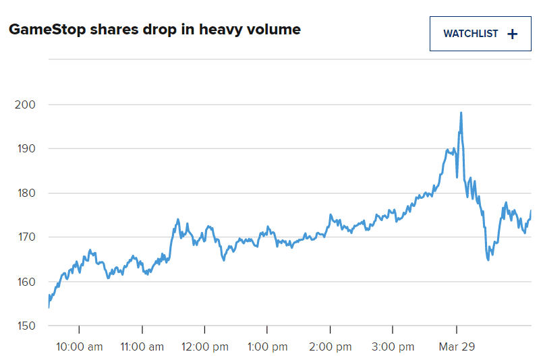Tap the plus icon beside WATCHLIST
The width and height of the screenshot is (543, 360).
[x=512, y=34]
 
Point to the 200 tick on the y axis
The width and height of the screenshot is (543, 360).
[x=24, y=104]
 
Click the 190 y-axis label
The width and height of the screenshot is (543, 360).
[x=24, y=149]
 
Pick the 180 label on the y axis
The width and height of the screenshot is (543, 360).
[x=24, y=193]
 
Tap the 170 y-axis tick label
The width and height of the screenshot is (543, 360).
[x=24, y=237]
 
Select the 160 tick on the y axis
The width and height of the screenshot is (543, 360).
[x=24, y=282]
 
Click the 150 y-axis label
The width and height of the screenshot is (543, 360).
[x=24, y=326]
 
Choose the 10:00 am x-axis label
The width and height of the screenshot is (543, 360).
[x=79, y=347]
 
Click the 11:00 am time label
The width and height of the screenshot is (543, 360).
[x=142, y=347]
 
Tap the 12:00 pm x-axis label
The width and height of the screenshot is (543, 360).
[x=205, y=347]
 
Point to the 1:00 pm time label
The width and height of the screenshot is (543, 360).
[x=267, y=347]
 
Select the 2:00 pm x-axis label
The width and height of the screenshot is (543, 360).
[x=330, y=347]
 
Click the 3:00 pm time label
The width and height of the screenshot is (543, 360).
[x=393, y=347]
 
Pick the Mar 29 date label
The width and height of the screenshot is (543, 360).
[x=457, y=347]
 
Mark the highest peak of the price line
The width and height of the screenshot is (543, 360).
[x=461, y=113]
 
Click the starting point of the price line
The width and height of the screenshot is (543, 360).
[x=49, y=307]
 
